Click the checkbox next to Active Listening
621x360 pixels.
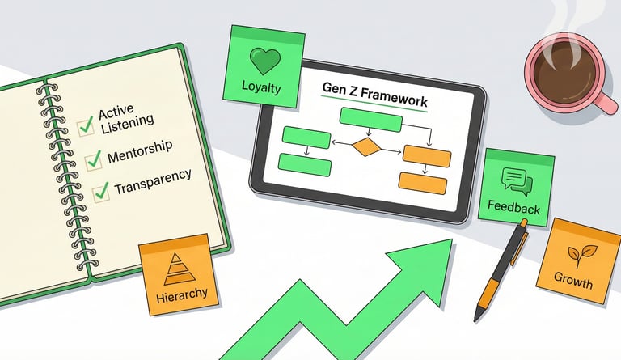click(84, 125)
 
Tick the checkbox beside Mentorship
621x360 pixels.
click(93, 158)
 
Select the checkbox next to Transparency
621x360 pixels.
click(101, 191)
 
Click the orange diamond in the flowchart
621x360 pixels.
click(366, 147)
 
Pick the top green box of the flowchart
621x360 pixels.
click(370, 119)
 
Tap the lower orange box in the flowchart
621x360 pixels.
click(425, 183)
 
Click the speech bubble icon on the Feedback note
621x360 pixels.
click(515, 180)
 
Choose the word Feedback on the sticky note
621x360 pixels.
click(514, 208)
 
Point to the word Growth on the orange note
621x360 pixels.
click(572, 283)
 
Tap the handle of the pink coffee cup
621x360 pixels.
click(602, 101)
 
